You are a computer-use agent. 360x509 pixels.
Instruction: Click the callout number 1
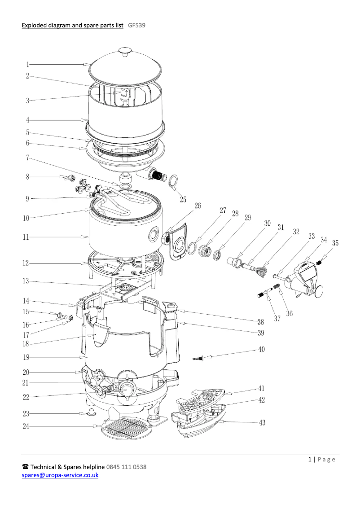pos(27,64)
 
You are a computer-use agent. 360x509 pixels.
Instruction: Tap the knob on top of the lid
pos(124,52)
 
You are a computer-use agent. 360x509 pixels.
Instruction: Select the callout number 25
pos(183,200)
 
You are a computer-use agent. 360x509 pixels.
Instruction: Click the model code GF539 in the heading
pos(136,26)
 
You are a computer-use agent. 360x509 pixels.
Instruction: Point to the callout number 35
pos(335,243)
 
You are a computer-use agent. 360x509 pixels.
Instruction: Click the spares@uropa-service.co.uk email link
pos(60,475)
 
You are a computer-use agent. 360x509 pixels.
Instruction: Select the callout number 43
pos(261,423)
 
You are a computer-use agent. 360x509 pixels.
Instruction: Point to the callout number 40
pos(261,349)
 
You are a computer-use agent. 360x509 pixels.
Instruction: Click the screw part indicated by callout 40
pos(198,358)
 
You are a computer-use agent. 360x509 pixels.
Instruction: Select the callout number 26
pos(198,206)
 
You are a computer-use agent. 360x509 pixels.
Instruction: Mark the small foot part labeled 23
pos(91,412)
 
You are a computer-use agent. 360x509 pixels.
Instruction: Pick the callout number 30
pos(267,223)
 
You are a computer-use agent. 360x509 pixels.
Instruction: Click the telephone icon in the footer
pos(25,467)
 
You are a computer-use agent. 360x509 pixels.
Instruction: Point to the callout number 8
pos(27,177)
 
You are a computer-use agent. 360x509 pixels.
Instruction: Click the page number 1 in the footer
pos(310,459)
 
